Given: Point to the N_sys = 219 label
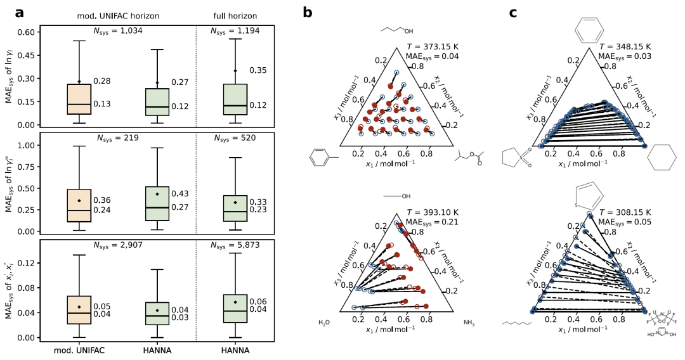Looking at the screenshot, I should coord(118,138).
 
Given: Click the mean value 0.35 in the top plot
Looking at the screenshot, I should coord(258,70).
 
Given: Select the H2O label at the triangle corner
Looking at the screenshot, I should coord(325,323).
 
